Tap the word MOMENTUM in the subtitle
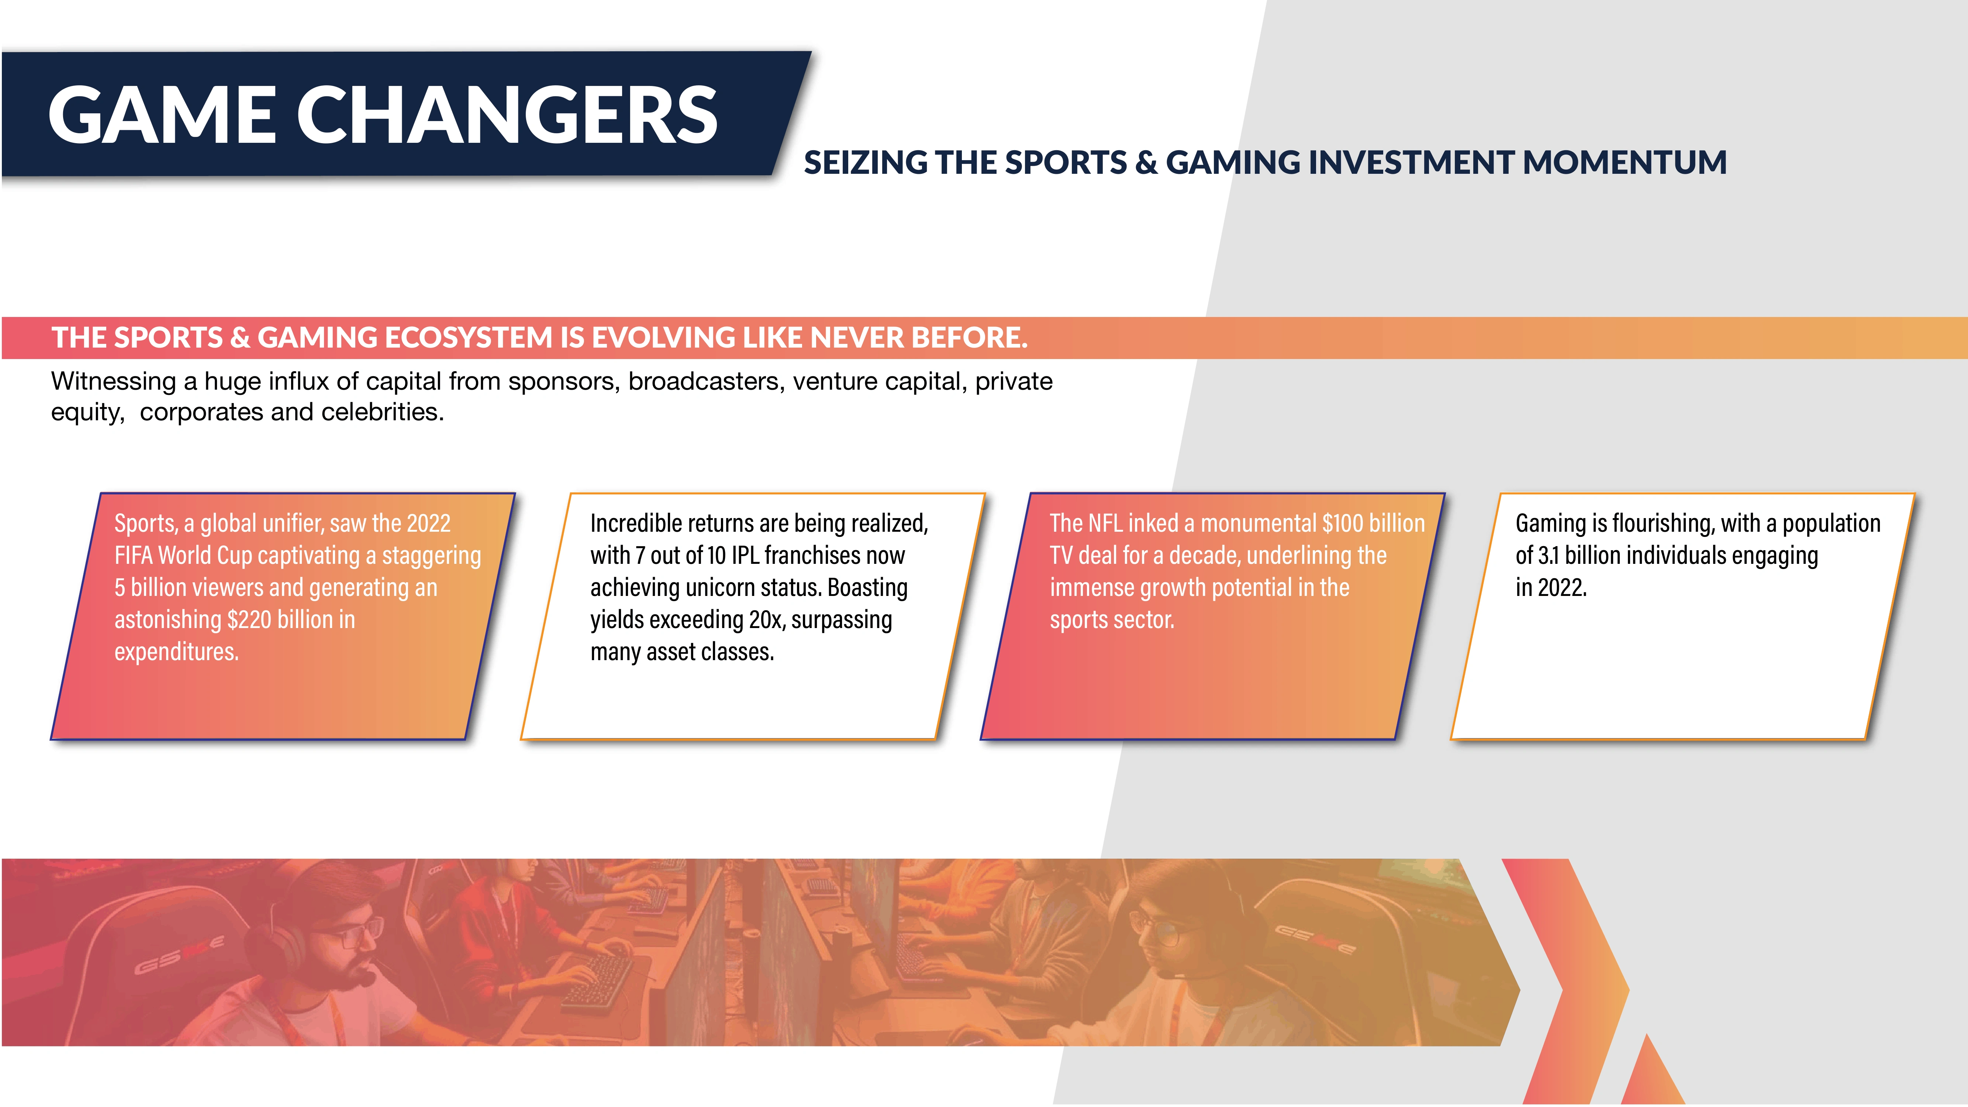point(1625,163)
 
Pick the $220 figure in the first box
point(249,620)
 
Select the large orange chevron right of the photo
point(1566,982)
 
